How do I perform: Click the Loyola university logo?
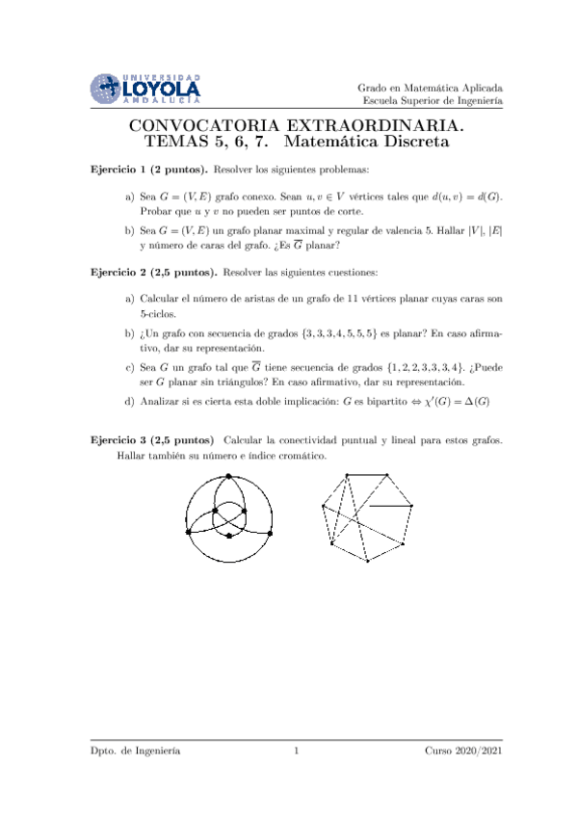(145, 87)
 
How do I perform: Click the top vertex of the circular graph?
(228, 477)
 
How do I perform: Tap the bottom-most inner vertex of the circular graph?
(228, 534)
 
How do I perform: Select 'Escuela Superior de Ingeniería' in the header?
(432, 101)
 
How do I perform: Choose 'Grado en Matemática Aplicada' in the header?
(430, 87)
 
